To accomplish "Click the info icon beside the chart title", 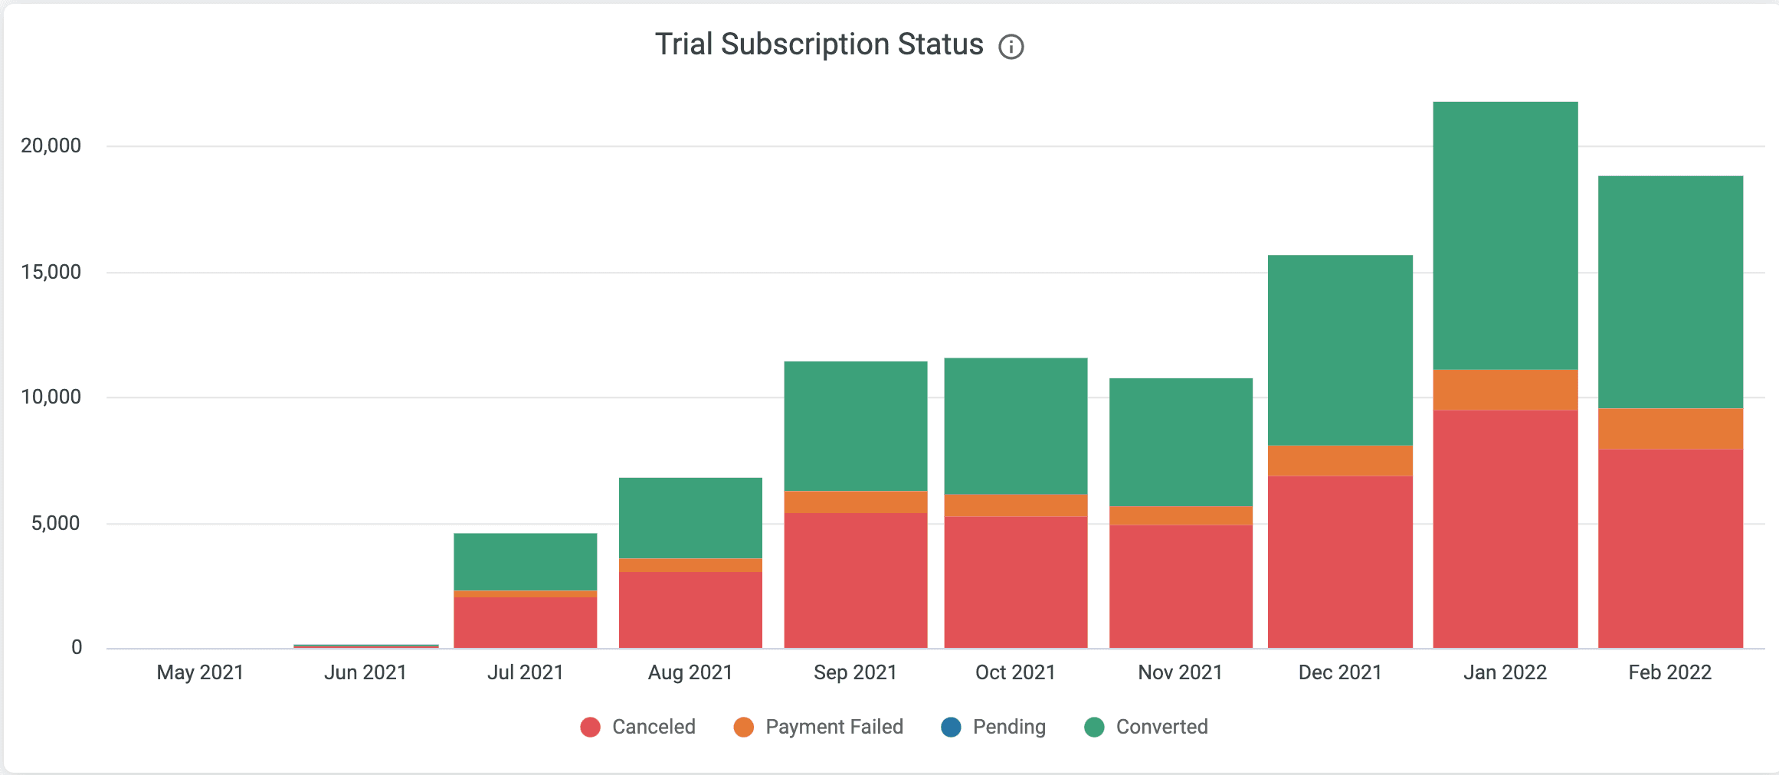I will click(x=1011, y=47).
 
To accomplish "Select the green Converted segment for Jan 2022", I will click(x=1505, y=235).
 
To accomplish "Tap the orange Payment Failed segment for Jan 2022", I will click(x=1505, y=390).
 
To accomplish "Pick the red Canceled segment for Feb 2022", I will click(x=1670, y=548).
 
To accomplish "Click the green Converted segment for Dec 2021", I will click(x=1340, y=349).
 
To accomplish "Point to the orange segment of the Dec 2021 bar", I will click(x=1340, y=460).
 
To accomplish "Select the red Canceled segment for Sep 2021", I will click(x=855, y=580).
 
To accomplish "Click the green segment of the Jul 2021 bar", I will click(x=525, y=561).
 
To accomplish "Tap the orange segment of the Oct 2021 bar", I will click(x=1015, y=505).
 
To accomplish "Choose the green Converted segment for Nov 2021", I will click(x=1181, y=441).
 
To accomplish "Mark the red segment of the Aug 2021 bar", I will click(x=690, y=610).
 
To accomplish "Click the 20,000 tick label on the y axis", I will click(x=51, y=146).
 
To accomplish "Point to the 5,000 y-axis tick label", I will click(x=55, y=523).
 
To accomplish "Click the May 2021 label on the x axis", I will click(x=200, y=672).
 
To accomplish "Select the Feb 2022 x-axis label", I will click(x=1669, y=672).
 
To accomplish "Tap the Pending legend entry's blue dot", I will click(x=951, y=727).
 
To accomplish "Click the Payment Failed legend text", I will click(x=834, y=727).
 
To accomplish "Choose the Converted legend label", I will click(x=1161, y=727).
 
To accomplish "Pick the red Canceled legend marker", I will click(x=590, y=727).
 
